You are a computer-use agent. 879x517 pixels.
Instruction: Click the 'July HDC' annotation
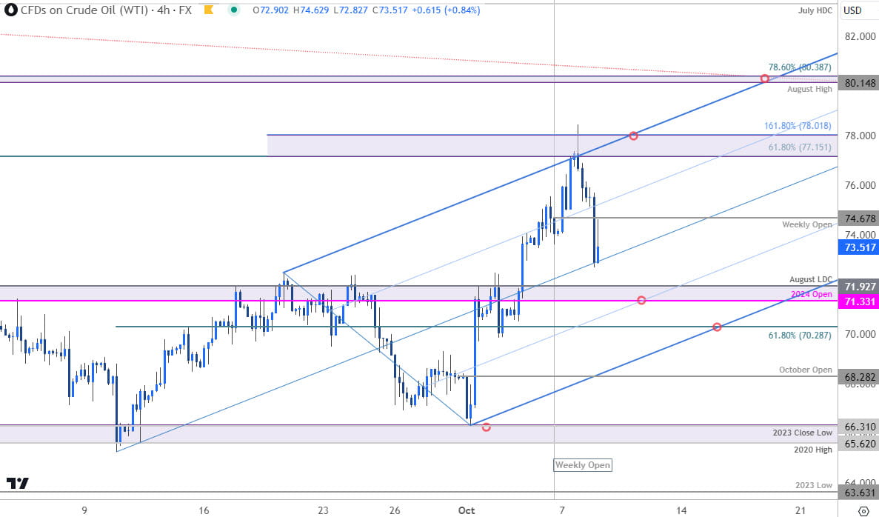815,10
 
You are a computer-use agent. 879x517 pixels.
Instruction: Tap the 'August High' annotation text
809,89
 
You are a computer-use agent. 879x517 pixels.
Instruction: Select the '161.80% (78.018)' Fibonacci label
798,126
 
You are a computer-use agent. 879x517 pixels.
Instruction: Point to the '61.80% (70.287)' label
798,336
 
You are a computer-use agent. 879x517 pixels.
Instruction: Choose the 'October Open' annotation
805,370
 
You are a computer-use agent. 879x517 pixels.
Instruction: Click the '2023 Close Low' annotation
803,433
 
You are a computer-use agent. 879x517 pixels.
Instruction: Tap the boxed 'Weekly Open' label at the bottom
584,465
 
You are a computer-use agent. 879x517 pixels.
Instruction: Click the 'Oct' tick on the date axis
466,510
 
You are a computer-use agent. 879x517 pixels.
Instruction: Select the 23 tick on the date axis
323,510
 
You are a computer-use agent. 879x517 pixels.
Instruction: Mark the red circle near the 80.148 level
764,79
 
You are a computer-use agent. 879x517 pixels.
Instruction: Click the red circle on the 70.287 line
717,327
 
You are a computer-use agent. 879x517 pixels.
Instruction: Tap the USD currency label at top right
852,10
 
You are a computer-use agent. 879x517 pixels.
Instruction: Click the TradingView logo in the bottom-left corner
18,484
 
